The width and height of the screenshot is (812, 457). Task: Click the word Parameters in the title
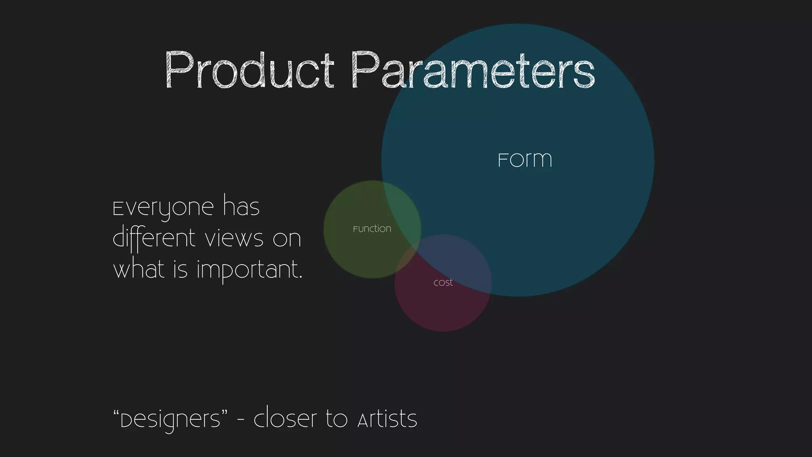coord(473,71)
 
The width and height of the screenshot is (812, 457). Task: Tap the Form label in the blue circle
coord(525,160)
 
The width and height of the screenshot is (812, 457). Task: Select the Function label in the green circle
coord(372,229)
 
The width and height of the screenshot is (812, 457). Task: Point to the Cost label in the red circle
coord(443,283)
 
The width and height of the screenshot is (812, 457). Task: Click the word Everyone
coord(164,208)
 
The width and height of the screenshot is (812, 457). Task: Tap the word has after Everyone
coord(241,206)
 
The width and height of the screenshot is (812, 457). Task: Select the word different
coord(154,239)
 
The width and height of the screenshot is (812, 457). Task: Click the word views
coord(234,239)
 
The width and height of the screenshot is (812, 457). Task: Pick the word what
coord(139,270)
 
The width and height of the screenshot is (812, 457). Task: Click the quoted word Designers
coord(170,420)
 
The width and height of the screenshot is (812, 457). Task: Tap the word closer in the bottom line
coord(285,419)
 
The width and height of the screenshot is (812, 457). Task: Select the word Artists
coord(387,419)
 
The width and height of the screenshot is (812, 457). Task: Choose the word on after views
coord(287,239)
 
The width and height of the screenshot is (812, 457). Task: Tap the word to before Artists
coord(337,419)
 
